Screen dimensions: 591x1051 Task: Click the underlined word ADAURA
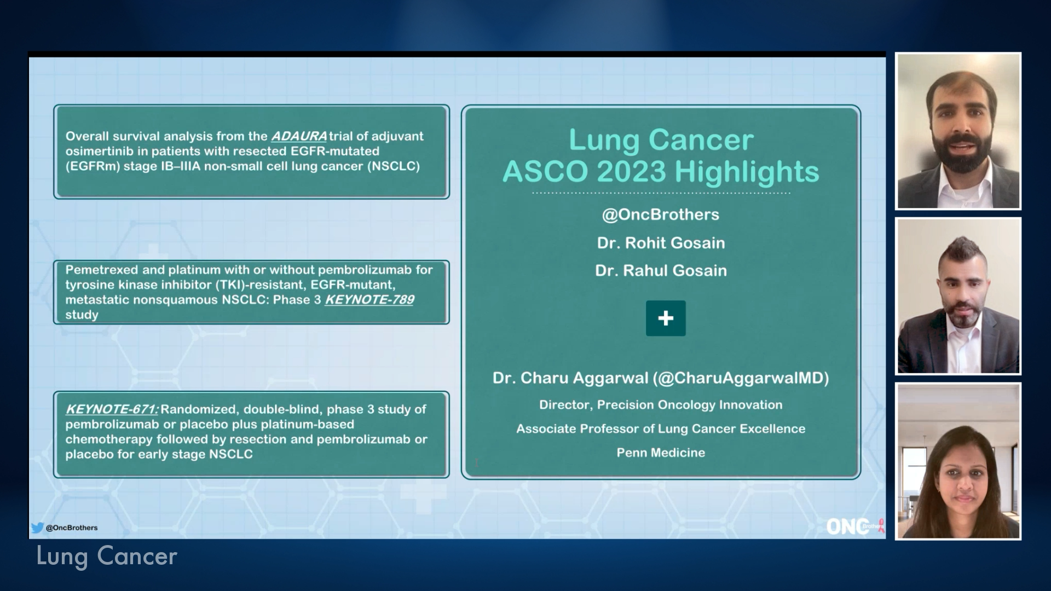(299, 136)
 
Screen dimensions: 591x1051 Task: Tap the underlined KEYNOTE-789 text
(369, 300)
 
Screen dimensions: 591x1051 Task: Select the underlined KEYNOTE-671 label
(112, 409)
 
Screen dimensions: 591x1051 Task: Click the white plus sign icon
(666, 318)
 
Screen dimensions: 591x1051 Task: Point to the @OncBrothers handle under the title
(660, 215)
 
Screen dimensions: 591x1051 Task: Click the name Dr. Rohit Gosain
(661, 243)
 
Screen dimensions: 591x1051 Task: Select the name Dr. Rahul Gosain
(661, 271)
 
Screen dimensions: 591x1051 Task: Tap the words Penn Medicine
(661, 453)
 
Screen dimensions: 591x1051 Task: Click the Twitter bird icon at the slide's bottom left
(37, 528)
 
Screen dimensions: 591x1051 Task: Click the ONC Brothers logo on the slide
(854, 526)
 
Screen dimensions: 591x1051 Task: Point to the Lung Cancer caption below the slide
(107, 557)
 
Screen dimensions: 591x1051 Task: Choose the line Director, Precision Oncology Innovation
(661, 405)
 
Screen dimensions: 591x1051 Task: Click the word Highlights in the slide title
(747, 172)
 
